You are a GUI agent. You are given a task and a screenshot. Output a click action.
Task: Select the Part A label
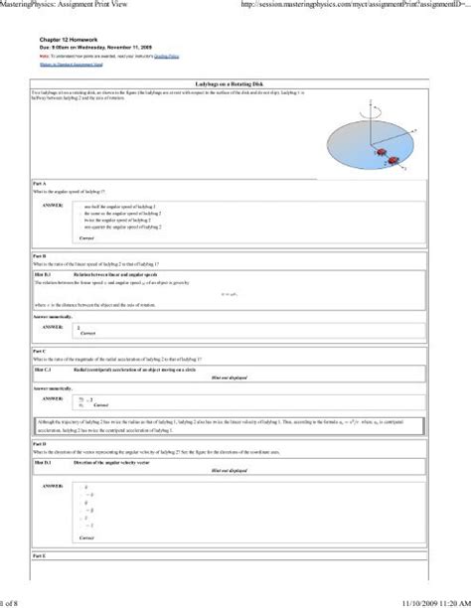(x=40, y=185)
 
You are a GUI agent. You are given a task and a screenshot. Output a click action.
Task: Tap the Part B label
(x=40, y=256)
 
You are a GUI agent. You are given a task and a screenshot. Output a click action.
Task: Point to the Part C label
(x=40, y=351)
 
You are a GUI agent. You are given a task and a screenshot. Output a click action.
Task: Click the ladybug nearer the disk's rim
(x=395, y=159)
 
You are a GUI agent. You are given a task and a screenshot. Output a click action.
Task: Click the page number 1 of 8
(x=11, y=600)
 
